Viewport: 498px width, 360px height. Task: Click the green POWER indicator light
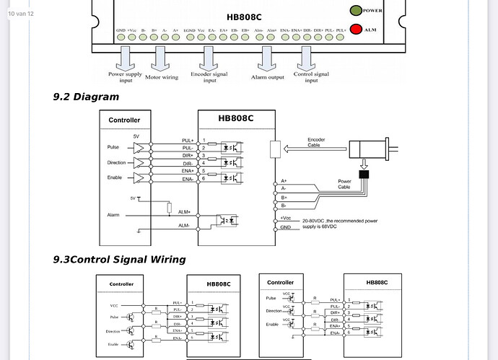coord(355,11)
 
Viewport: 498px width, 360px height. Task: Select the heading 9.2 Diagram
coord(86,97)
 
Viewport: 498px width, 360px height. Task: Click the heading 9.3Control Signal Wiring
coord(119,259)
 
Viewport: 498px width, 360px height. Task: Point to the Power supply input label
coord(125,76)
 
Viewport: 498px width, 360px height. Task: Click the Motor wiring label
coord(162,76)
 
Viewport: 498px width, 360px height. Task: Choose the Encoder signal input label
coord(209,76)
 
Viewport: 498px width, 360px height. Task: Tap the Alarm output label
coord(268,76)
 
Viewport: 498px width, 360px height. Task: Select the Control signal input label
coord(311,76)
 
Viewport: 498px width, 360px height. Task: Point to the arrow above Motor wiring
coord(162,58)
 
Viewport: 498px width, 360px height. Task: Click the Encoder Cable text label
coord(317,142)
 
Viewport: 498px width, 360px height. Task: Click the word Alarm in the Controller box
coord(114,214)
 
